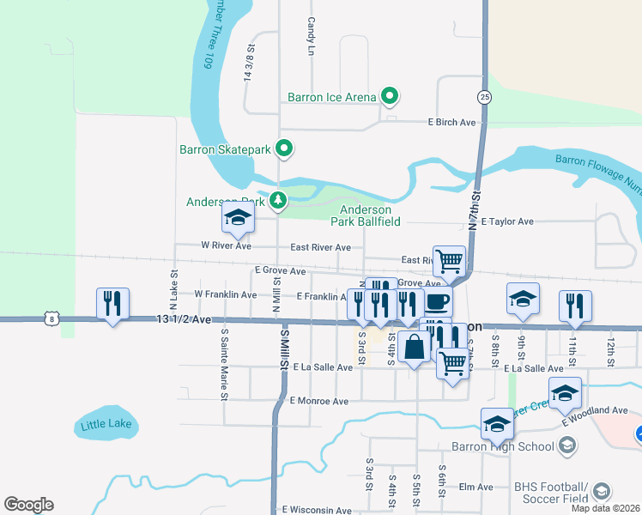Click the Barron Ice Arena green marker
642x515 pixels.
point(389,96)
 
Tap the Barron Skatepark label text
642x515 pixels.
point(225,149)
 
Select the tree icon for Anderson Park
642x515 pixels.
point(277,201)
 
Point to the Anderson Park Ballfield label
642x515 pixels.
point(366,215)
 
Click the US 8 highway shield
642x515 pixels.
point(52,319)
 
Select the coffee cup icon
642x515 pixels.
point(437,302)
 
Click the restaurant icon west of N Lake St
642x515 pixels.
point(112,303)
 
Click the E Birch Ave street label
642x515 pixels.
point(451,123)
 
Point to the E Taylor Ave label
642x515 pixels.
point(507,221)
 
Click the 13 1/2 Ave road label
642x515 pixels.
point(184,318)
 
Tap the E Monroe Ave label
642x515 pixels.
point(318,401)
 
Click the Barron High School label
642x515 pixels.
point(503,446)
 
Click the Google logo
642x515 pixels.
point(28,505)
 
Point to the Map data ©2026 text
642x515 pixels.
point(605,508)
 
